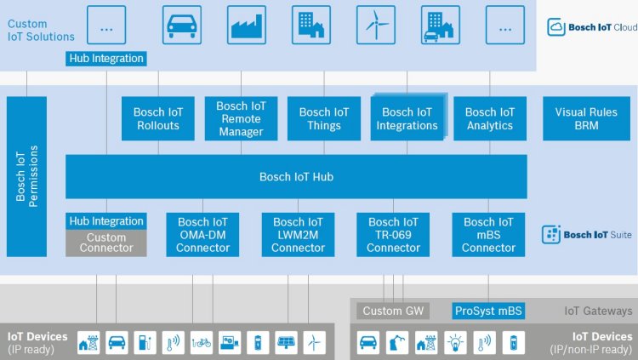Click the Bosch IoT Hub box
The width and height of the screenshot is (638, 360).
(296, 177)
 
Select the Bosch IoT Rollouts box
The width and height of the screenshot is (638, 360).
(158, 119)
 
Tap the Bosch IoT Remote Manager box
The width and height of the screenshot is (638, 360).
(241, 119)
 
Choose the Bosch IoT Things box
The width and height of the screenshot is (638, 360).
(324, 119)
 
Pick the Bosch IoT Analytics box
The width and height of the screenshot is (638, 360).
(490, 119)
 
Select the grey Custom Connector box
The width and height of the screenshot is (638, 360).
(106, 243)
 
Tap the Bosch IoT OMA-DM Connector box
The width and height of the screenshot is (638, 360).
(202, 235)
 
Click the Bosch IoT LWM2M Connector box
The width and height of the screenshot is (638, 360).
(298, 235)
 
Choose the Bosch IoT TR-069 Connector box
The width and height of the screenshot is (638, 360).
(394, 235)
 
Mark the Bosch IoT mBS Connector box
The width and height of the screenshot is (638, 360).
(489, 235)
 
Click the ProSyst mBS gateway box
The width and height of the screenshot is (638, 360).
(488, 311)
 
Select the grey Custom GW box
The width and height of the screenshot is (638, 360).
(393, 311)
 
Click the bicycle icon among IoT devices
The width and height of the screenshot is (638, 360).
(202, 342)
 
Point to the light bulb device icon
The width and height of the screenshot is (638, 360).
(455, 342)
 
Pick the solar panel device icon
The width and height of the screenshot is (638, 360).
(286, 342)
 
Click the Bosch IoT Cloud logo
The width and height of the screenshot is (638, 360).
(592, 27)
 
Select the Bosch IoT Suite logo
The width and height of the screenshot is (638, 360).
(587, 234)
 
